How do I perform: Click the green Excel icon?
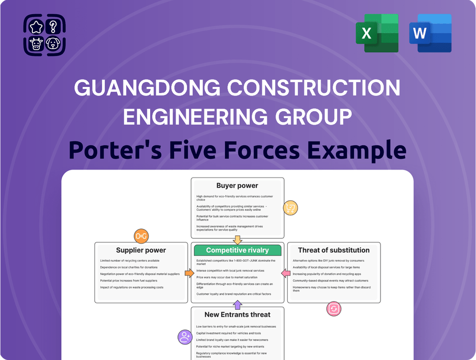point(377,33)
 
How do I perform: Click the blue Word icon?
point(430,33)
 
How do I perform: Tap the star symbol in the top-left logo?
point(35,27)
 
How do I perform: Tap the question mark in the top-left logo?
point(53,27)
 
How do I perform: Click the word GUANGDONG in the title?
point(147,88)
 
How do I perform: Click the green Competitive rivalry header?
point(237,250)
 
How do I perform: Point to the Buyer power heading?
point(237,186)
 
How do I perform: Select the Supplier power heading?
point(141,250)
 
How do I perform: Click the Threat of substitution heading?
point(334,250)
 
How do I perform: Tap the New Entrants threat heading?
point(237,315)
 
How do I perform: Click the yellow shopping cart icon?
point(290,208)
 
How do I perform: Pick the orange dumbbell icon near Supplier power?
point(141,236)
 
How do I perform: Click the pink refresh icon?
point(334,309)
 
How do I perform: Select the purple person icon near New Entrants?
point(185,337)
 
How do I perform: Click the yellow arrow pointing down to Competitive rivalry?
point(237,240)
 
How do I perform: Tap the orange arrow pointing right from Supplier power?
point(189,273)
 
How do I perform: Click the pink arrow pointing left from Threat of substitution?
point(286,273)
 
